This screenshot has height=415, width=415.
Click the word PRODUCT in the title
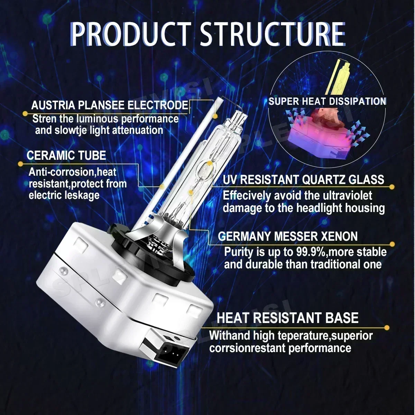(x=130, y=35)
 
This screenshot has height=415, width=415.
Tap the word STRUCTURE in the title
(x=273, y=35)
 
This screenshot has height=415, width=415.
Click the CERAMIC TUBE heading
(x=66, y=155)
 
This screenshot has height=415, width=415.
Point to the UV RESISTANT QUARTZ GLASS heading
(x=303, y=179)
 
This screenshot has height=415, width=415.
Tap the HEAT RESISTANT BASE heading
(x=287, y=318)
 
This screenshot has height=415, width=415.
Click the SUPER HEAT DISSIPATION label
(x=327, y=101)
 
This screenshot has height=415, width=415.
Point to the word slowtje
(x=71, y=130)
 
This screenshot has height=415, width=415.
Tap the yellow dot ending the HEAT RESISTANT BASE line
(x=387, y=328)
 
